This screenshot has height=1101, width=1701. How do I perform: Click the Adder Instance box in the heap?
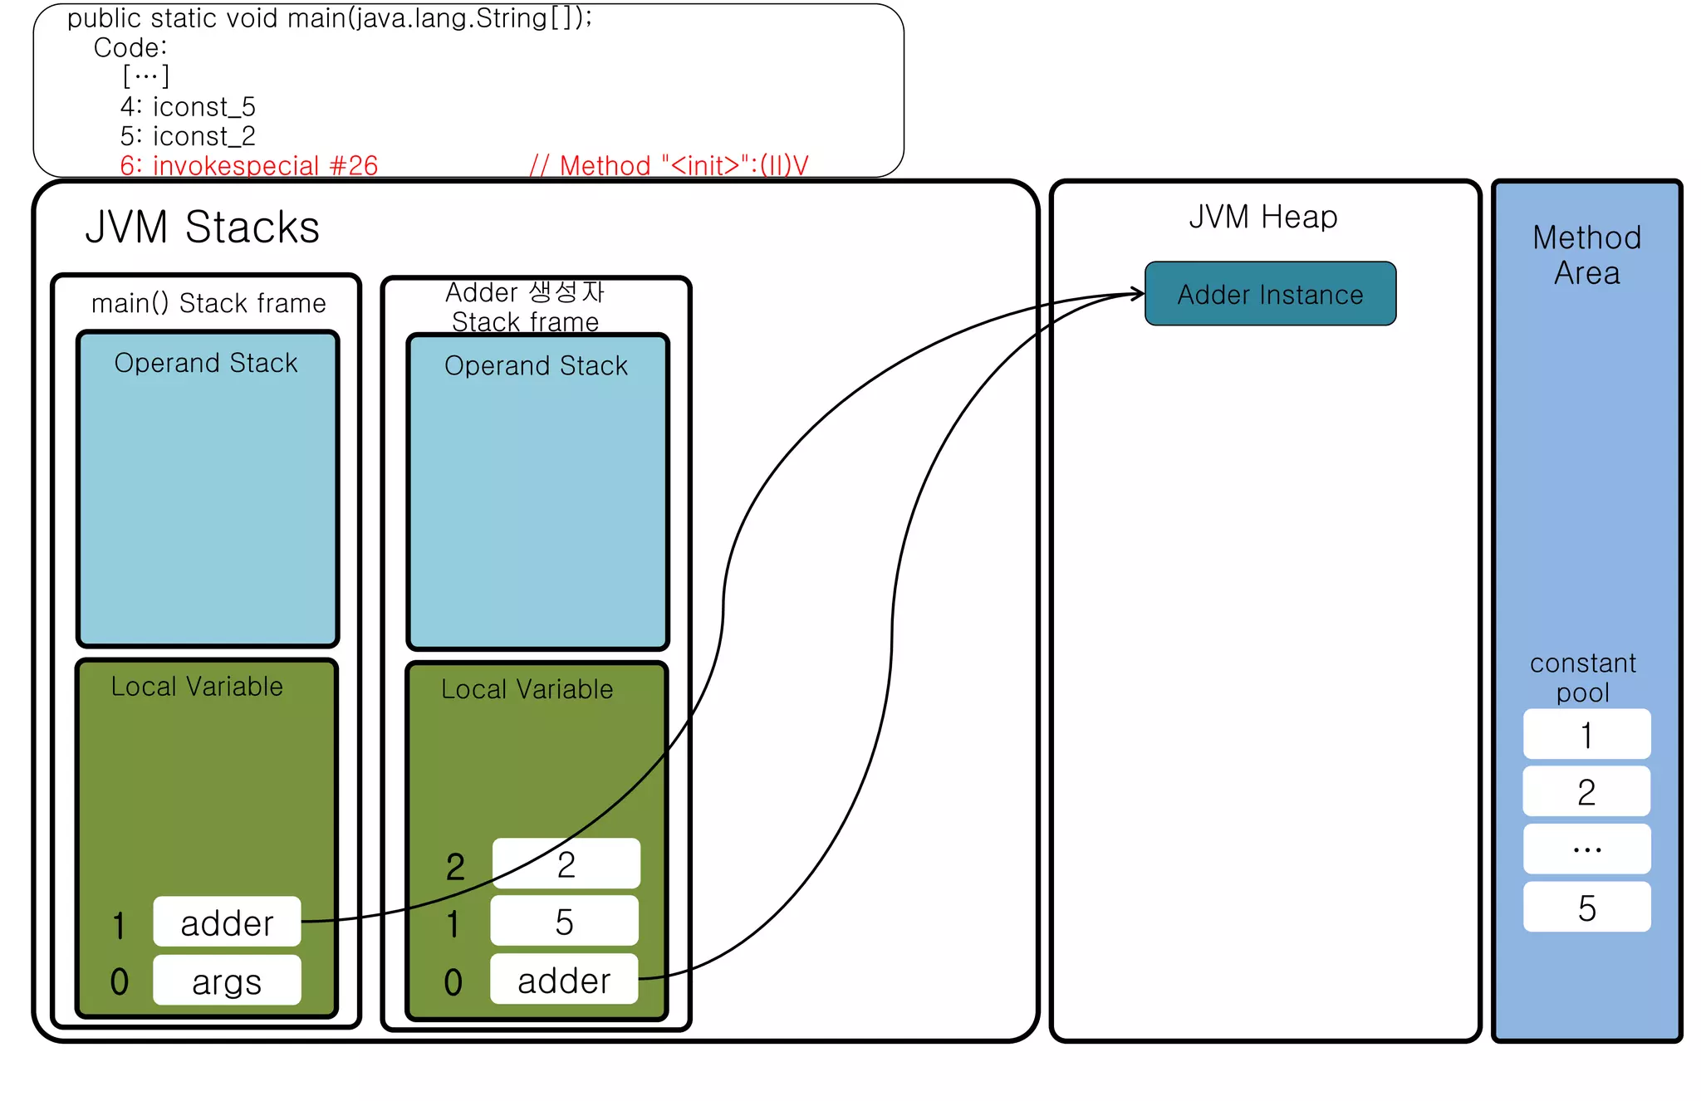1269,294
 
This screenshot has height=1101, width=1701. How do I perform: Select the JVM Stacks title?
202,227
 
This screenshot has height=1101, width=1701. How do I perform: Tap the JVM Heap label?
1262,217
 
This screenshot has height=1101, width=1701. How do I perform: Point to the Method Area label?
1586,255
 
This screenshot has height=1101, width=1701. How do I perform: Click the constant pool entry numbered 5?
1586,908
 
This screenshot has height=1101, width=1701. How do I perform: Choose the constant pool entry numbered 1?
1586,735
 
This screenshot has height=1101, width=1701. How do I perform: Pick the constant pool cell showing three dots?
1586,849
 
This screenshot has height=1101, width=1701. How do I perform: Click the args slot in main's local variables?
227,981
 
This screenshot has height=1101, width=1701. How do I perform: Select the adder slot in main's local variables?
227,922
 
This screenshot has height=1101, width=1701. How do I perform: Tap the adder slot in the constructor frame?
564,980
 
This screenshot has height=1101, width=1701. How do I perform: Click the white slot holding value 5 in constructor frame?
564,922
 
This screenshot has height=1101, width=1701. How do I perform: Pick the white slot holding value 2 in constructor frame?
566,864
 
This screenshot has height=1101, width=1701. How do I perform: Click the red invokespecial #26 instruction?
249,165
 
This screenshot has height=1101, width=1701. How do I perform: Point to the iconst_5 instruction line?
188,106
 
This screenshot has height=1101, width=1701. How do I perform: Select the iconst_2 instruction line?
188,135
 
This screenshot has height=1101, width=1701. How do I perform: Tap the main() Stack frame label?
208,303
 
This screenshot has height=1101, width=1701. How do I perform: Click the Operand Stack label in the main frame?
206,363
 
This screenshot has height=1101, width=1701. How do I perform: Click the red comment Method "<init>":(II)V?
669,165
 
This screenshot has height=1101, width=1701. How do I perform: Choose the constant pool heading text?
1582,677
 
